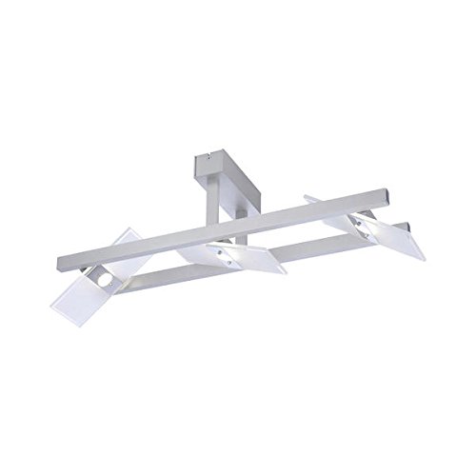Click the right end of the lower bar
pos(407,228)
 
